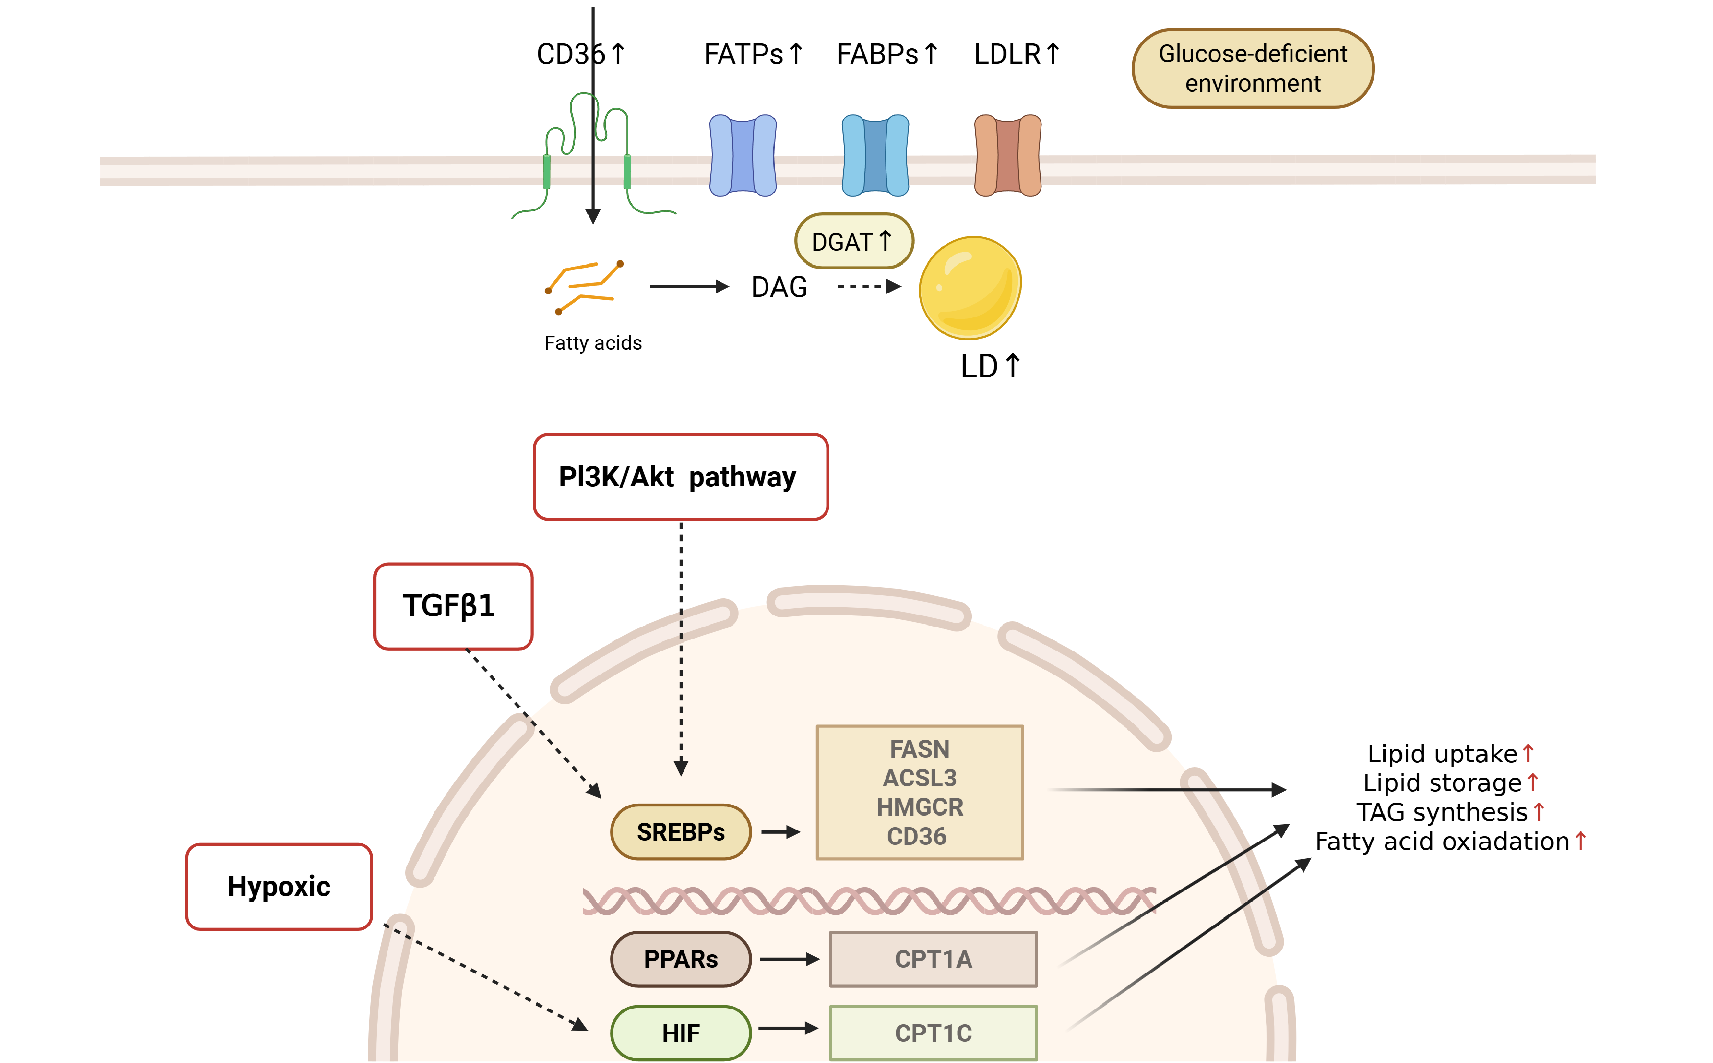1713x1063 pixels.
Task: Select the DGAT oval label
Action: (x=853, y=241)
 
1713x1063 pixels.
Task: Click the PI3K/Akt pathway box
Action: (x=680, y=477)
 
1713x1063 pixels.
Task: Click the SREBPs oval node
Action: (x=680, y=832)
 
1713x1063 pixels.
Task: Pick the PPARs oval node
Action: (x=680, y=959)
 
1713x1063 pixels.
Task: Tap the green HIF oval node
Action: (x=680, y=1033)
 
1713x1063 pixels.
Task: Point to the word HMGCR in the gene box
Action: (x=920, y=806)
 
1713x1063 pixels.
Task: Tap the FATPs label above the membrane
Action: (x=744, y=54)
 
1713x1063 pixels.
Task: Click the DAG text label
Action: (x=779, y=287)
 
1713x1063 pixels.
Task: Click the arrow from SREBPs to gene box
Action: (x=780, y=832)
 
